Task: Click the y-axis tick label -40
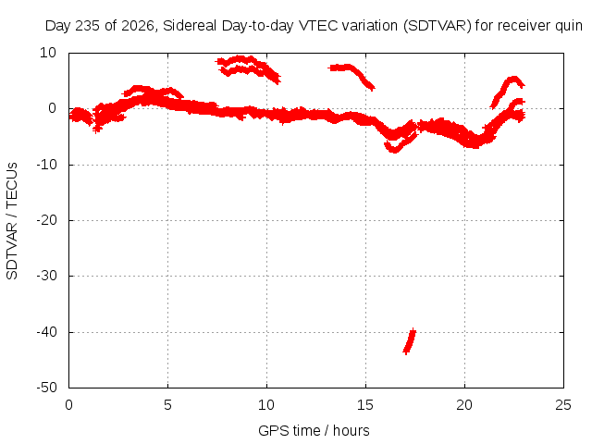(x=47, y=332)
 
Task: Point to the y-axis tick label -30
(x=47, y=276)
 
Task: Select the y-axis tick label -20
(x=47, y=220)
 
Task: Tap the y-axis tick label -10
(x=47, y=165)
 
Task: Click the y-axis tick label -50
(x=47, y=388)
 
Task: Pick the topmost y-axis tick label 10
(x=48, y=53)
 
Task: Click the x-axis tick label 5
(x=167, y=405)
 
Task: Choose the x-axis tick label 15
(x=365, y=405)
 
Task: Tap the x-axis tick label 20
(x=464, y=405)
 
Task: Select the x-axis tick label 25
(x=563, y=405)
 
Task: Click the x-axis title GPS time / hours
(x=314, y=431)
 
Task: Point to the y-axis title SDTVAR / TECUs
(x=12, y=221)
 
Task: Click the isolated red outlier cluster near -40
(x=409, y=341)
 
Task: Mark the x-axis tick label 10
(x=266, y=405)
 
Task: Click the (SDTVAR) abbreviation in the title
(x=438, y=26)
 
